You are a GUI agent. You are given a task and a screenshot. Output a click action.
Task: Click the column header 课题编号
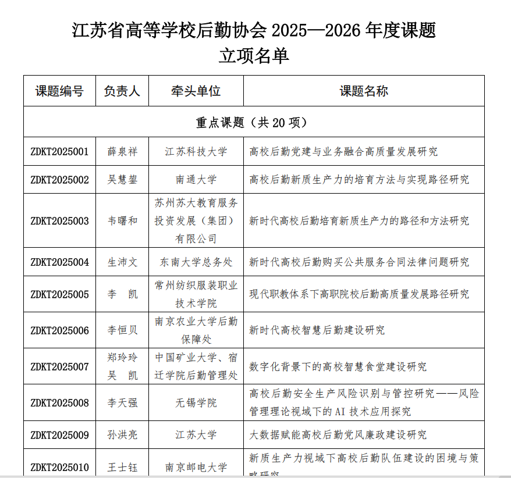click(x=59, y=91)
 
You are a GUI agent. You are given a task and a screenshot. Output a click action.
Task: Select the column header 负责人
click(x=122, y=91)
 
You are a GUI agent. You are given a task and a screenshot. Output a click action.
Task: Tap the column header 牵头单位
click(x=196, y=91)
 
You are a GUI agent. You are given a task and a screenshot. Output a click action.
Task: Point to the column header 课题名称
click(x=364, y=91)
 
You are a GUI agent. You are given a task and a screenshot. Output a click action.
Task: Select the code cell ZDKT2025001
click(x=59, y=152)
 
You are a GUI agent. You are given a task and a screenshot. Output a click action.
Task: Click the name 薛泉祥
click(x=122, y=152)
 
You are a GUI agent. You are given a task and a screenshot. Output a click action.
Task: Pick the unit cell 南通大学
click(x=196, y=180)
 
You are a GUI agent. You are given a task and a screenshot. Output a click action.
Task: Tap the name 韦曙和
click(x=122, y=221)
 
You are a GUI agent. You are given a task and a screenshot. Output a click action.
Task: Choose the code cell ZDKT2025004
click(x=59, y=262)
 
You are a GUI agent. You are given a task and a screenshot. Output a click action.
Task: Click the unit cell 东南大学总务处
click(x=196, y=262)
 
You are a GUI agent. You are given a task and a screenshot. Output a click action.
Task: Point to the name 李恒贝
click(x=122, y=330)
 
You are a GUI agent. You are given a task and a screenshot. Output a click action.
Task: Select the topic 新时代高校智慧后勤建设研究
click(x=317, y=330)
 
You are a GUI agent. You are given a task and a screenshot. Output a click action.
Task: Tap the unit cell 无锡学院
click(x=196, y=402)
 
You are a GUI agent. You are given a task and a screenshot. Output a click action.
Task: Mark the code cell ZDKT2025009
click(x=59, y=435)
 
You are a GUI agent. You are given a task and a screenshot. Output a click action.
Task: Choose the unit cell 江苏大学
click(x=196, y=435)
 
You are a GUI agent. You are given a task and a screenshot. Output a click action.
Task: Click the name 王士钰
click(x=122, y=467)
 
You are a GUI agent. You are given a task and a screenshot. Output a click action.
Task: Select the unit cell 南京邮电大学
click(x=196, y=467)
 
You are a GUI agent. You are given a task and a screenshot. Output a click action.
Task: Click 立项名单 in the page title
click(x=254, y=56)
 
